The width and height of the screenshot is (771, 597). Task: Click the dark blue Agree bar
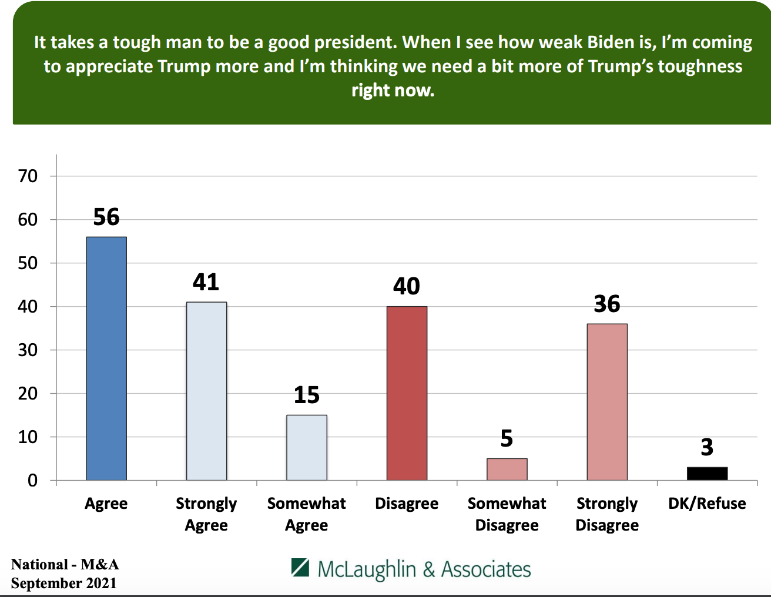pyautogui.click(x=106, y=358)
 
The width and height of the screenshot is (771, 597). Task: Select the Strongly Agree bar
pyautogui.click(x=206, y=391)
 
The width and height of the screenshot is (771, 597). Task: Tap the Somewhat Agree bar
pyautogui.click(x=307, y=448)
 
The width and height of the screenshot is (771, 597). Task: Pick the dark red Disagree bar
pyautogui.click(x=407, y=393)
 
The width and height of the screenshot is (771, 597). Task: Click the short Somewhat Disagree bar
pyautogui.click(x=507, y=469)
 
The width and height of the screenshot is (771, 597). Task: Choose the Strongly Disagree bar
pyautogui.click(x=607, y=402)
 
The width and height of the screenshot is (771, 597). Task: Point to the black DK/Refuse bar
pyautogui.click(x=707, y=474)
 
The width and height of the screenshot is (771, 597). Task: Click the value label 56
pyautogui.click(x=106, y=217)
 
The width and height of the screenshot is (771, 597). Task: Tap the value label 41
pyautogui.click(x=206, y=283)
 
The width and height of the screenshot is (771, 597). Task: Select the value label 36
pyautogui.click(x=607, y=304)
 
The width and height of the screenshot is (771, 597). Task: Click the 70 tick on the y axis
pyautogui.click(x=28, y=176)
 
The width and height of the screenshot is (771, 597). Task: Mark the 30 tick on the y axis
pyautogui.click(x=28, y=350)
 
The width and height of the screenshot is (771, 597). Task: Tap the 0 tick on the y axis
pyautogui.click(x=32, y=481)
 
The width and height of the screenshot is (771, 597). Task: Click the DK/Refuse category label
pyautogui.click(x=707, y=504)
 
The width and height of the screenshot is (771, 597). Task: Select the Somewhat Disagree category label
pyautogui.click(x=507, y=514)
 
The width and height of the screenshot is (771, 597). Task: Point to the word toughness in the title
pyautogui.click(x=700, y=66)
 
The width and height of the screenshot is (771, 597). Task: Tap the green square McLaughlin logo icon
pyautogui.click(x=300, y=568)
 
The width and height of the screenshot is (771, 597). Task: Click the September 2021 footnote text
pyautogui.click(x=63, y=583)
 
